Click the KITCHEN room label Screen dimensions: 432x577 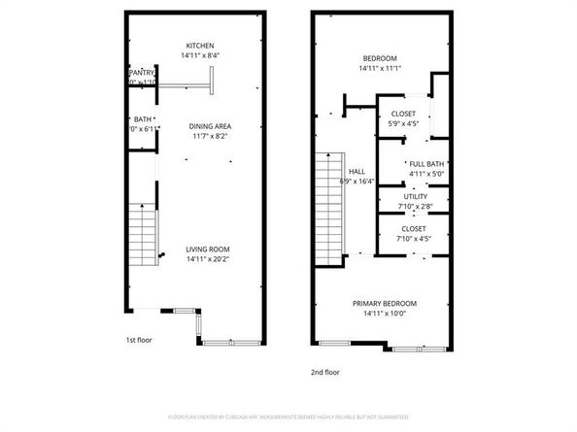tap(200, 46)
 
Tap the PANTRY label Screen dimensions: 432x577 tap(143, 73)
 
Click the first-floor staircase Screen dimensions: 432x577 tap(143, 236)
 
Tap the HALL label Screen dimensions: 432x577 tap(356, 171)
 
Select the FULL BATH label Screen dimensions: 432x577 tap(426, 164)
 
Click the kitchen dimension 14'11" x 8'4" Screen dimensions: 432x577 tap(200, 55)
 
